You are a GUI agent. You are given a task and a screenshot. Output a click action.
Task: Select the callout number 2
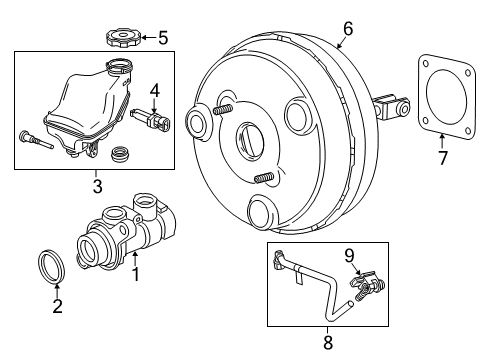pyautogui.click(x=57, y=307)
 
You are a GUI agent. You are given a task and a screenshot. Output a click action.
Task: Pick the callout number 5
pyautogui.click(x=163, y=39)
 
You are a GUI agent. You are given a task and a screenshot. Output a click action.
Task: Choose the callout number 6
pyautogui.click(x=347, y=29)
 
